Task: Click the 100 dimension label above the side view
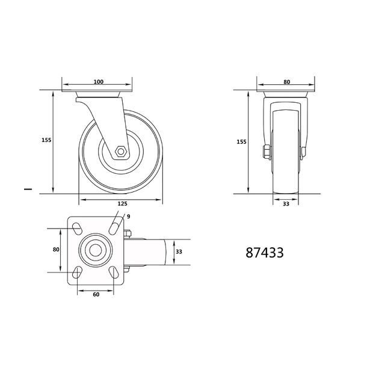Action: tap(99, 82)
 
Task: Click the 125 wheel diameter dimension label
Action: tap(122, 204)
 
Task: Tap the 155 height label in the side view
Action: tap(46, 140)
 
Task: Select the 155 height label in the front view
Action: tap(241, 142)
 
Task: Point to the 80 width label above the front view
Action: tap(287, 82)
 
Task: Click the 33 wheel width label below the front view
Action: tap(286, 204)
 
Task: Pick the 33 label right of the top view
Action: tap(179, 252)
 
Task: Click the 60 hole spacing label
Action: tap(96, 294)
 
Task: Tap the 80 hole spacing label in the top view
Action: tap(56, 249)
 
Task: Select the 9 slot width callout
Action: tap(128, 217)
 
